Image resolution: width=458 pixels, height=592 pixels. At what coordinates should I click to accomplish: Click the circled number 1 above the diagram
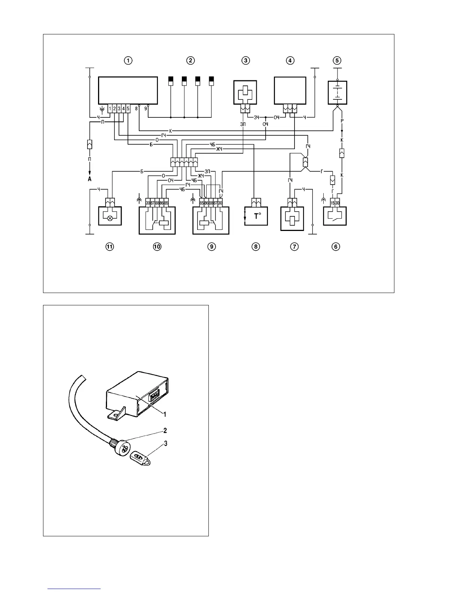[x=128, y=61]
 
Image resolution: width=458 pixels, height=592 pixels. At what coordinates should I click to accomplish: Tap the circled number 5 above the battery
[x=337, y=61]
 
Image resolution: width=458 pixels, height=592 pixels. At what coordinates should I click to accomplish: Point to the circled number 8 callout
[x=256, y=247]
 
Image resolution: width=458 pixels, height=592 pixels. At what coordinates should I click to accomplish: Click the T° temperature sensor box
[x=256, y=216]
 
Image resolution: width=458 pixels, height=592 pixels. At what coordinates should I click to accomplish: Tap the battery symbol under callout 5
[x=338, y=91]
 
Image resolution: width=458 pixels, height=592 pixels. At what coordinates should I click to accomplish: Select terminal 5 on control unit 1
[x=128, y=108]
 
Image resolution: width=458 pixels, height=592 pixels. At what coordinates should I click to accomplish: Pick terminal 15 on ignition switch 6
[x=333, y=203]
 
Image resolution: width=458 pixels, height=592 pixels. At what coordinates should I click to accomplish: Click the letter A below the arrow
[x=90, y=179]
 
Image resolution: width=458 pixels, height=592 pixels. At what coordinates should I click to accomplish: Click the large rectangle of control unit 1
[x=127, y=90]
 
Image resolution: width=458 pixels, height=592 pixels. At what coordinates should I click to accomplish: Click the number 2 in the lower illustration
[x=165, y=431]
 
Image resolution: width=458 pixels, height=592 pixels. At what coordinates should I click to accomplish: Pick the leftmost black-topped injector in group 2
[x=171, y=81]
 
